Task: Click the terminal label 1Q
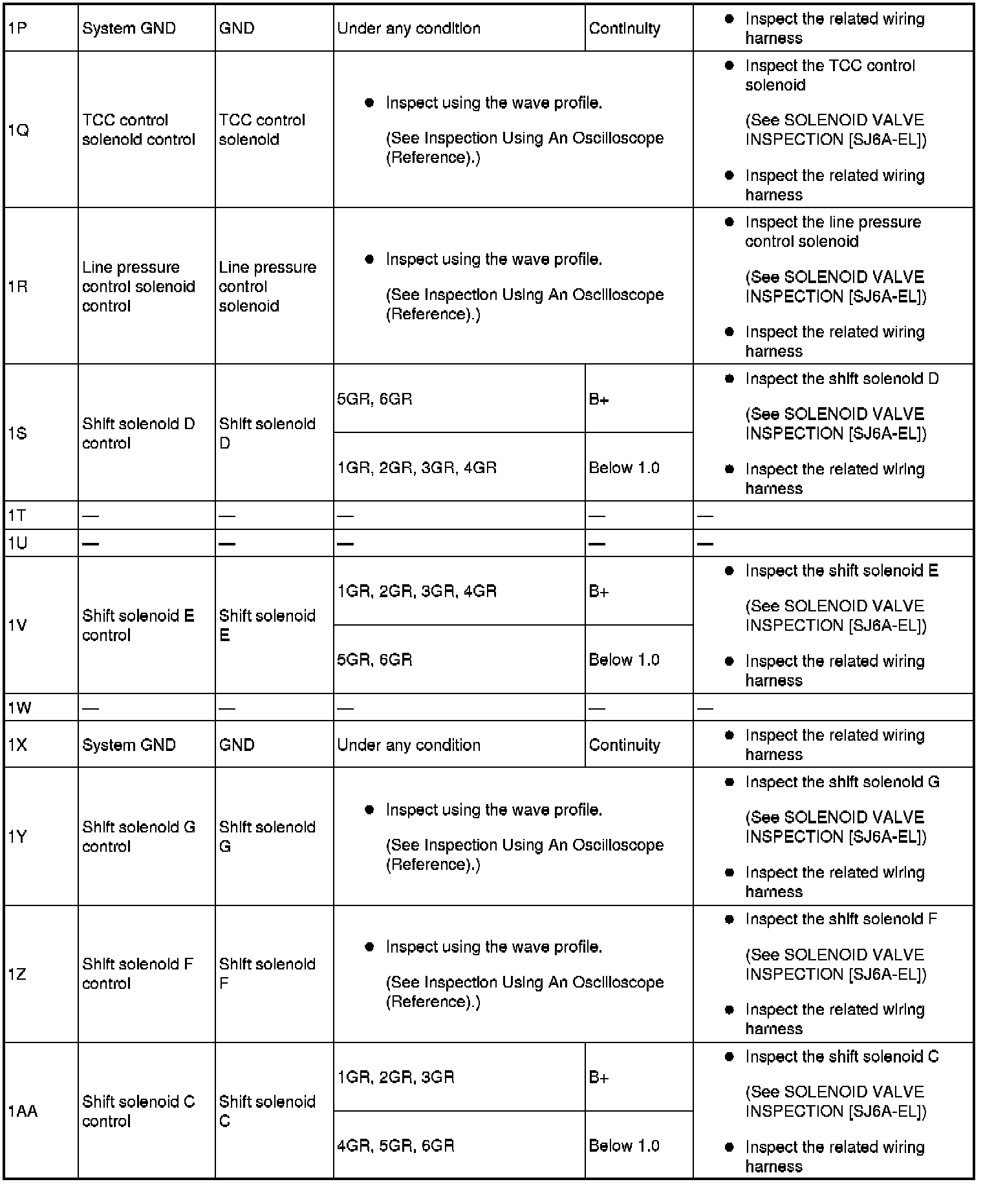pos(19,131)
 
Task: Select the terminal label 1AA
pos(23,1111)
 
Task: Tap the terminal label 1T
pos(17,516)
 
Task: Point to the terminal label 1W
pos(19,708)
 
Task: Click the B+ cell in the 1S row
pos(599,399)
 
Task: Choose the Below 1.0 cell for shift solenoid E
pos(624,660)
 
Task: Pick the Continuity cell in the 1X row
pos(625,745)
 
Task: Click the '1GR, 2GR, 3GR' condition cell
pos(396,1077)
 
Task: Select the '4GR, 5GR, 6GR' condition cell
pos(396,1146)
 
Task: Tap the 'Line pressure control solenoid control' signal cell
pos(138,286)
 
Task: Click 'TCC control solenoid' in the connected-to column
pos(262,130)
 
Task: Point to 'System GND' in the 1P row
pos(129,28)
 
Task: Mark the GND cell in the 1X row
pos(237,745)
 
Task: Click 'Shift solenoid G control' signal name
pos(138,836)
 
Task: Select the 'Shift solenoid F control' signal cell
pos(138,973)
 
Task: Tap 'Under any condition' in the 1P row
pos(409,28)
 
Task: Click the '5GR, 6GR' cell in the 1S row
pos(374,399)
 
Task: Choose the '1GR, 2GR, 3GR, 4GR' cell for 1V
pos(417,591)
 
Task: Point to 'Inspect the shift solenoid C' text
pos(841,1057)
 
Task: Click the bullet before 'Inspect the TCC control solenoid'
pos(729,66)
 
